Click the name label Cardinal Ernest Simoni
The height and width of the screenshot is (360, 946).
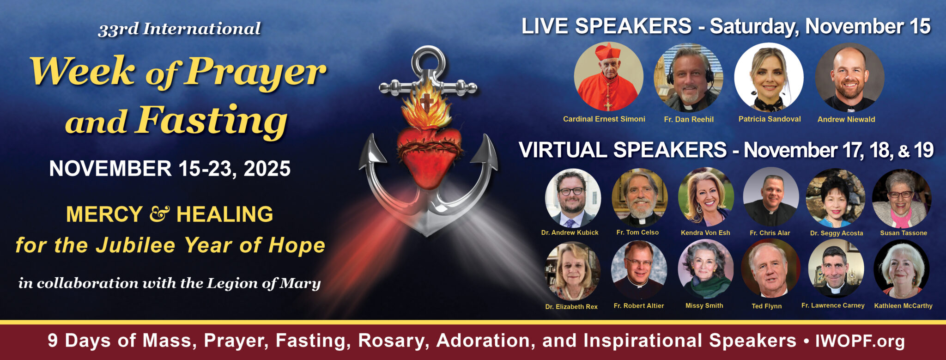click(x=604, y=119)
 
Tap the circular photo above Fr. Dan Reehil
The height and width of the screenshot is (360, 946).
click(x=688, y=77)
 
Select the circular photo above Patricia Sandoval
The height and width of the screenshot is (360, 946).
click(x=769, y=77)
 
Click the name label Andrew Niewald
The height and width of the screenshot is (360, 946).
click(x=846, y=119)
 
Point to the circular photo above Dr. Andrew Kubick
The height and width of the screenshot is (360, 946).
click(x=573, y=197)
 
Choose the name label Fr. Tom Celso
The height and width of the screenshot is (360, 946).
click(x=637, y=232)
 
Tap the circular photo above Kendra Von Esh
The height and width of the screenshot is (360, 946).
click(x=706, y=197)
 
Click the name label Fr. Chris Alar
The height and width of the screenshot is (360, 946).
click(x=770, y=233)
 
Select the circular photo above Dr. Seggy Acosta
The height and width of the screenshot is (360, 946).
click(x=836, y=197)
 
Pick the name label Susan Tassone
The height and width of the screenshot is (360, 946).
click(x=904, y=233)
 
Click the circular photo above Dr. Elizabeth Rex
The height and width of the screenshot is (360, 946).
click(x=573, y=270)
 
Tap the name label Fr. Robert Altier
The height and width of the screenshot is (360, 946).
click(x=639, y=305)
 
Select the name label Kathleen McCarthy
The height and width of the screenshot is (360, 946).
click(x=903, y=305)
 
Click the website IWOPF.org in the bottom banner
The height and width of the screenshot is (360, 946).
click(x=860, y=341)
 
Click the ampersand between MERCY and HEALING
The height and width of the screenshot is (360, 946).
click(x=160, y=214)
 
